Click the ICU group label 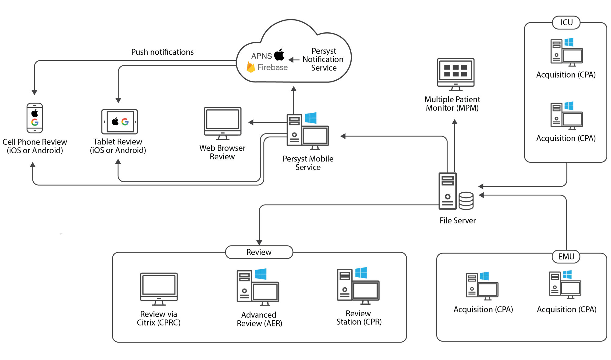[566, 23]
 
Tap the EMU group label [566, 256]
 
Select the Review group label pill [259, 252]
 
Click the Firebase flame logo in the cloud [251, 67]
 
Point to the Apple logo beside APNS [279, 55]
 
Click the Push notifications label [163, 52]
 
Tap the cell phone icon [35, 118]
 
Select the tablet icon [120, 122]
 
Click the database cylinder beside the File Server [466, 201]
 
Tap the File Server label [458, 220]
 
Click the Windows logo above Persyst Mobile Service [311, 118]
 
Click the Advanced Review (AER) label [259, 319]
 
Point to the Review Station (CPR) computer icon [358, 286]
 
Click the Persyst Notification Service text [323, 59]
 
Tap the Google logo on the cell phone [35, 122]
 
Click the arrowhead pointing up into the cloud [294, 89]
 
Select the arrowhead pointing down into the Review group [259, 243]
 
